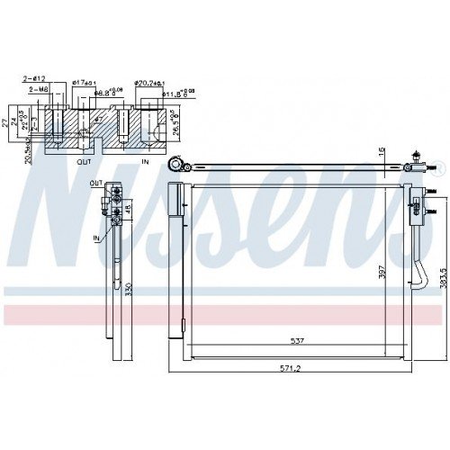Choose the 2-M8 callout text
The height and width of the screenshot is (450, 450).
(x=40, y=89)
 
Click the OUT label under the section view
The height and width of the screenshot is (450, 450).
(x=84, y=163)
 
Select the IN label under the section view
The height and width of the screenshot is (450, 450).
(x=146, y=163)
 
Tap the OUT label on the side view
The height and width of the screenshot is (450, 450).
(x=95, y=183)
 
